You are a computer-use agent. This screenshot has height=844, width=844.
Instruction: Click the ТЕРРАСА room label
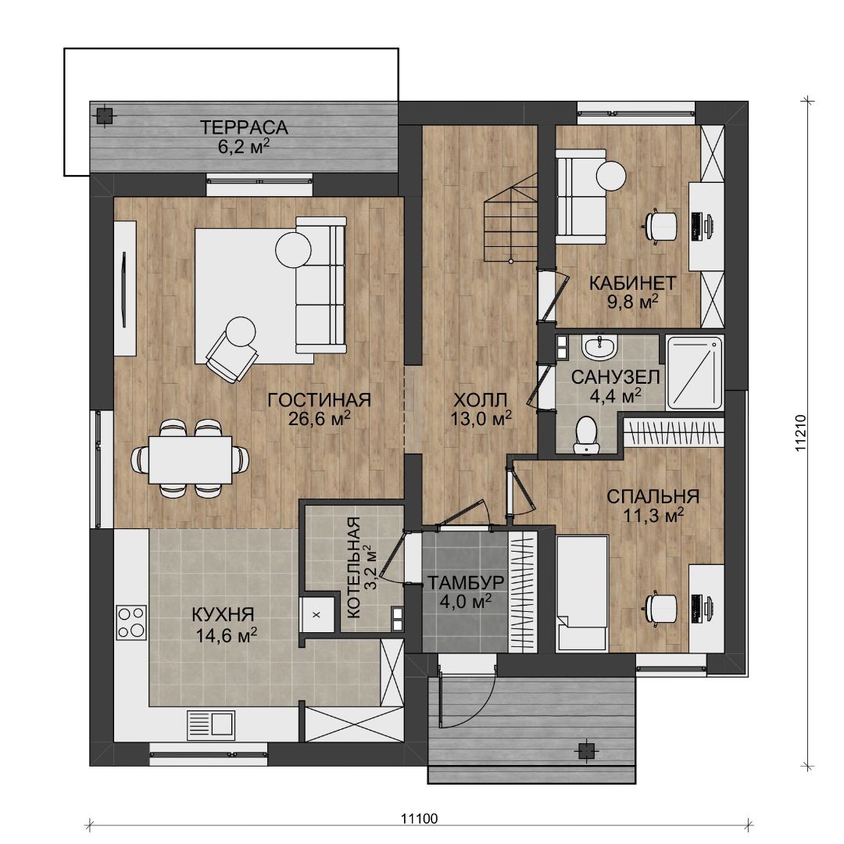pos(244,127)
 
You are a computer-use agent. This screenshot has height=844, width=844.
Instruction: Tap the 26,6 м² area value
pos(319,418)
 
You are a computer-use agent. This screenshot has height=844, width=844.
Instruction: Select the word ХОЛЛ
pos(480,400)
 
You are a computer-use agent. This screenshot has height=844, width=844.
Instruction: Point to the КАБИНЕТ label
pos(632,283)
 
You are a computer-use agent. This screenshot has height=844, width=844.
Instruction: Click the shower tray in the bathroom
pos(695,373)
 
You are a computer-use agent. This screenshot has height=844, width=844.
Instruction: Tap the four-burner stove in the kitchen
pos(131,622)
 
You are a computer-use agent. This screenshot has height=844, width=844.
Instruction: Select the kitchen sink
pos(210,725)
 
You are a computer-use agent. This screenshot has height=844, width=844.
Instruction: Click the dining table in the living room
pos(190,460)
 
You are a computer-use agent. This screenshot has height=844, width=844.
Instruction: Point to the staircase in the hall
pos(511,218)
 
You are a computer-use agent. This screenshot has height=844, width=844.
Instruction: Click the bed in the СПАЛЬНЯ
pos(581,593)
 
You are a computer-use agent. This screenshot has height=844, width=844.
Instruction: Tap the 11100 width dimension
pos(420,819)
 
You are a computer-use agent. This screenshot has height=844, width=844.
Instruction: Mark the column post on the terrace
pos(103,115)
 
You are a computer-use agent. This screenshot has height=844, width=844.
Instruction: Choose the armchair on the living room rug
pos(233,349)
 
